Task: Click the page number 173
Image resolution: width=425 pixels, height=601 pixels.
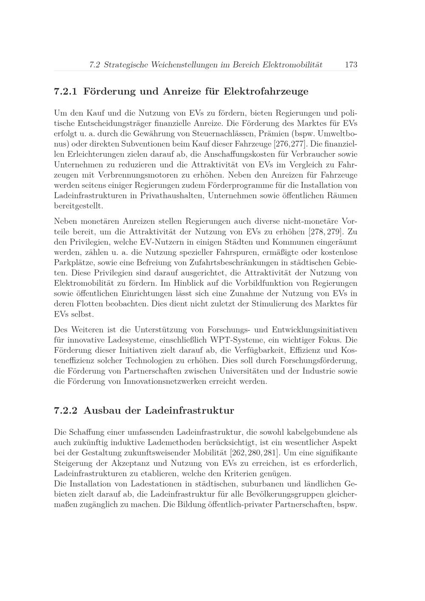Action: (351, 65)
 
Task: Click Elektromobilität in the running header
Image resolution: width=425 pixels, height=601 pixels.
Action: (293, 65)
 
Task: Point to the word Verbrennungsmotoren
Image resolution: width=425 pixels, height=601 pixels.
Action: (135, 175)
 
